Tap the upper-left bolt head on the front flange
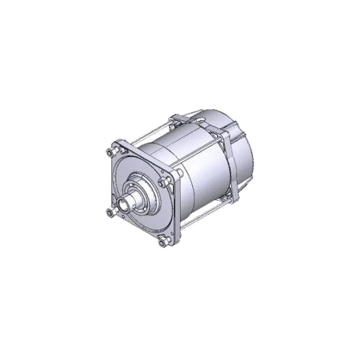tap(111, 151)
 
